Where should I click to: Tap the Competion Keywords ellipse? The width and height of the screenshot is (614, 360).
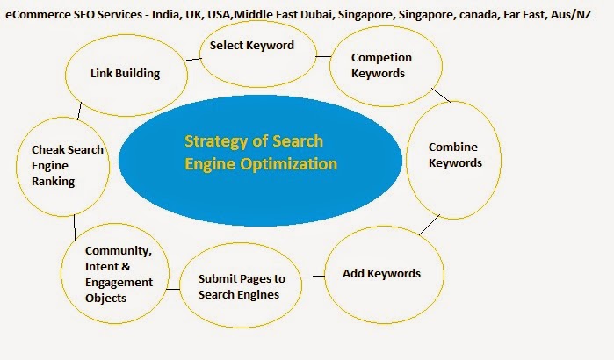tap(381, 66)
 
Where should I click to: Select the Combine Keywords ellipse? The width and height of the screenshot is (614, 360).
tap(454, 155)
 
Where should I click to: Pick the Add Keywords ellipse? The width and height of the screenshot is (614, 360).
tap(381, 273)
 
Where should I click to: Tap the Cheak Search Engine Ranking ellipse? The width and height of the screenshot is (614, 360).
tap(61, 165)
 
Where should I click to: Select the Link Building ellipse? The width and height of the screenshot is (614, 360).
tap(125, 74)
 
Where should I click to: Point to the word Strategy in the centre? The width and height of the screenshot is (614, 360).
tap(213, 141)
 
